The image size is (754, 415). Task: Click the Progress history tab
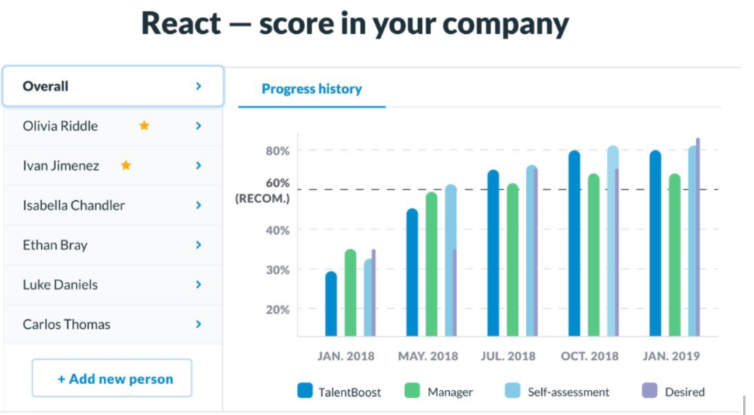click(311, 89)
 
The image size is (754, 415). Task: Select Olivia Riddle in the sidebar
click(60, 126)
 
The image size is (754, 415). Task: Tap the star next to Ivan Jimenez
click(126, 166)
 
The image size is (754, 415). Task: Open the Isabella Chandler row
click(74, 205)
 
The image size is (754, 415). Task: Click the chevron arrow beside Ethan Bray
click(198, 245)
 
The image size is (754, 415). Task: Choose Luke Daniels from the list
click(60, 285)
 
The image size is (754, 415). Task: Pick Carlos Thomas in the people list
click(66, 324)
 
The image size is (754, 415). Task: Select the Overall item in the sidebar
click(46, 86)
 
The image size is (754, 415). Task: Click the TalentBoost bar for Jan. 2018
click(331, 304)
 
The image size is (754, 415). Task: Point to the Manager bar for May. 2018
click(431, 263)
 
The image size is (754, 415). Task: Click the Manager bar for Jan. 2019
click(674, 255)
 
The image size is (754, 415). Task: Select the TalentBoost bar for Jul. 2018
click(493, 252)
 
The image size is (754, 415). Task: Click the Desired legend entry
click(673, 391)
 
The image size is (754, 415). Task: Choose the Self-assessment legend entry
click(559, 391)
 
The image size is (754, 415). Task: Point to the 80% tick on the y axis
click(278, 151)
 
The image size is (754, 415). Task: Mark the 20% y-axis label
click(278, 310)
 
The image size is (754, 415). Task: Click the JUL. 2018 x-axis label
click(508, 356)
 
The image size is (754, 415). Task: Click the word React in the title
click(180, 24)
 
